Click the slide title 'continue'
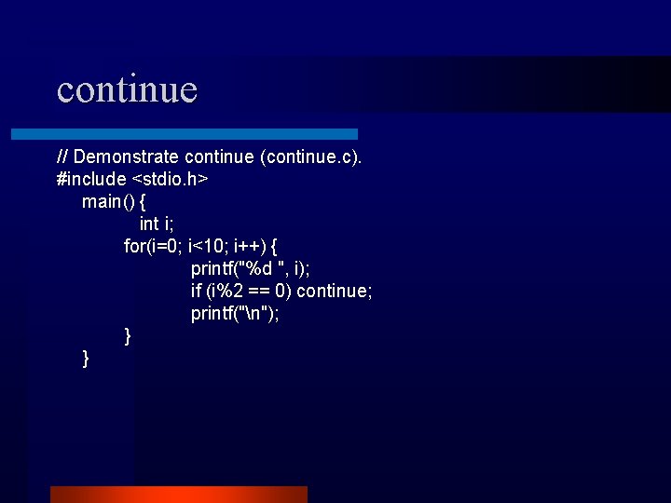(x=127, y=89)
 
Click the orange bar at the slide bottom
(x=178, y=494)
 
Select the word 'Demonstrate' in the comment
(x=127, y=156)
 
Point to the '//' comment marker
(x=62, y=156)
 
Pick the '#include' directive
(x=91, y=179)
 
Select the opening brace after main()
(x=143, y=201)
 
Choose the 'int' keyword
(x=148, y=224)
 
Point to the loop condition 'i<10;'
(x=208, y=246)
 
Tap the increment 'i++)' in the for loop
(x=247, y=246)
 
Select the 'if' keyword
(x=196, y=291)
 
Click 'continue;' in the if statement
(x=335, y=291)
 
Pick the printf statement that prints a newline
(x=235, y=313)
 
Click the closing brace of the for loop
(x=128, y=335)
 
